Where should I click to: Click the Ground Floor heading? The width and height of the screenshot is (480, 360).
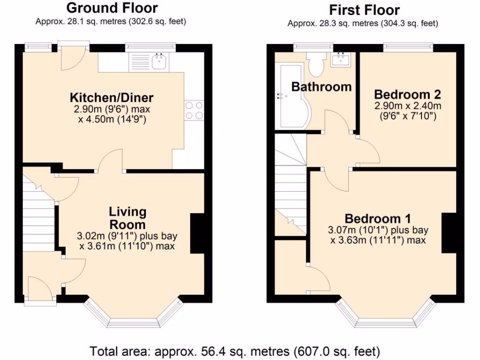[x=112, y=8]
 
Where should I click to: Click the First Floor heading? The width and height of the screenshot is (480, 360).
[x=364, y=9]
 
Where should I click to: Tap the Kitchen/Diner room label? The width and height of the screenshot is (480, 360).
[x=112, y=98]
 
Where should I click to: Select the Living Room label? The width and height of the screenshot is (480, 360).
[x=127, y=218]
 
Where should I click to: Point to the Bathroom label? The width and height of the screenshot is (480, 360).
[x=321, y=87]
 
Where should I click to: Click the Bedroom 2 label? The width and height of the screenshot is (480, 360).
[x=407, y=94]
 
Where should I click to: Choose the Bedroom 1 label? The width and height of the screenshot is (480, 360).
[x=378, y=218]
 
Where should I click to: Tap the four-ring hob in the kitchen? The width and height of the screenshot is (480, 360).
[x=194, y=111]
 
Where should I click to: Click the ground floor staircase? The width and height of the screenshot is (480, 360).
[x=38, y=216]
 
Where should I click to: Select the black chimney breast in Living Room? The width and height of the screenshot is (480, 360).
[x=197, y=233]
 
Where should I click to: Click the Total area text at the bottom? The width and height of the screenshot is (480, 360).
[x=234, y=351]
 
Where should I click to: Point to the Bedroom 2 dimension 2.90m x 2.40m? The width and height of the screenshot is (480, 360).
[x=407, y=105]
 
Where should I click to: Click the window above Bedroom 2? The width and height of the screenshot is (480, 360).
[x=407, y=46]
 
